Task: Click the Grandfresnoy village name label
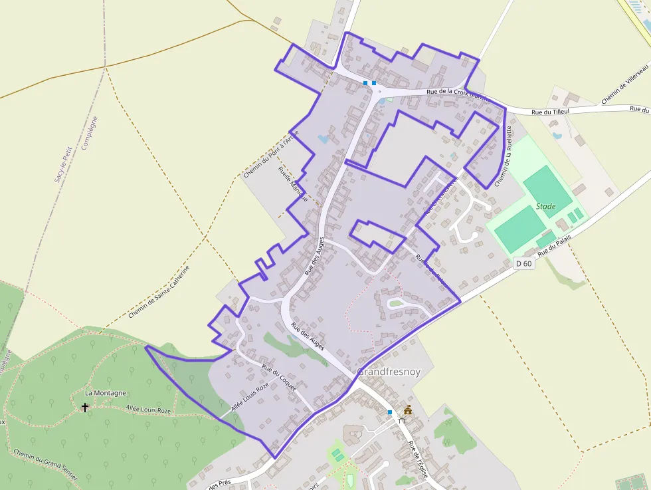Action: coord(389,372)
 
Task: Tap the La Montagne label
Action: coord(106,393)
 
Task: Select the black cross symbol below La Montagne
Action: coord(85,407)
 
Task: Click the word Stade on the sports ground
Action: coord(545,207)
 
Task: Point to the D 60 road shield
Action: coord(524,263)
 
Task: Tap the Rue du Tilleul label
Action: coord(552,112)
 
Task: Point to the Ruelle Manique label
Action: coord(293,184)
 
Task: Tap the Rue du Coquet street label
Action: coord(278,377)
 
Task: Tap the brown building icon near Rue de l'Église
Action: coord(408,410)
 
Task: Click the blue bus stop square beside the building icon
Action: coord(390,412)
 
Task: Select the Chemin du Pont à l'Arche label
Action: coord(270,154)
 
